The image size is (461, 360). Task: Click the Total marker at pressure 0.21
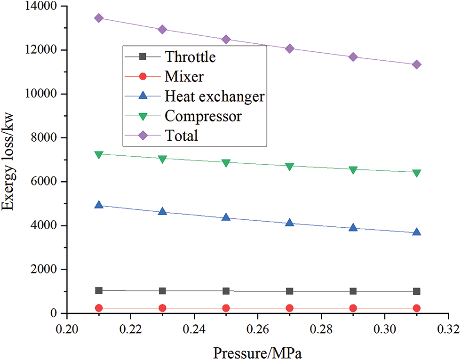point(99,18)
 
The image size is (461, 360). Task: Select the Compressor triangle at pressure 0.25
point(226,163)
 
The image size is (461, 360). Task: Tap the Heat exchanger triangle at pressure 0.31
point(416,232)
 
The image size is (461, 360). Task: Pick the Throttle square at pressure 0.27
point(289,291)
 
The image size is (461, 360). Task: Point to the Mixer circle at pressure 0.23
point(162,308)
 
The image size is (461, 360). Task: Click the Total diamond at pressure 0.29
point(353,57)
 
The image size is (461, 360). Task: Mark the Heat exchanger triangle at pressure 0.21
point(99,205)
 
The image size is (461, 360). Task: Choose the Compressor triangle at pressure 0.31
point(416,173)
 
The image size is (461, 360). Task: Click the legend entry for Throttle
point(190,57)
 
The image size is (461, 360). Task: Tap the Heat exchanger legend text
point(215,96)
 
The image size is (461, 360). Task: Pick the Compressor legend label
point(203,116)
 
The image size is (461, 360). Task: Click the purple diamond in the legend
point(143,136)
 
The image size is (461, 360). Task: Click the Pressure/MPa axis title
point(255,351)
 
